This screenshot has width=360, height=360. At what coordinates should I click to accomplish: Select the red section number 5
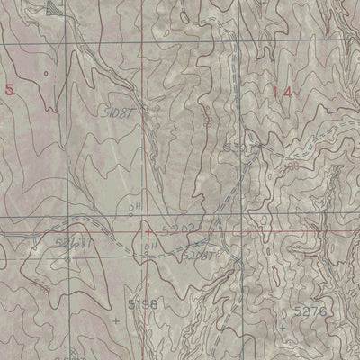pyautogui.click(x=9, y=88)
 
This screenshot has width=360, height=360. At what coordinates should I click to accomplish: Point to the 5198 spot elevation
pyautogui.click(x=140, y=305)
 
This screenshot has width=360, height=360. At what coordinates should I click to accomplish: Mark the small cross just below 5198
pyautogui.click(x=117, y=319)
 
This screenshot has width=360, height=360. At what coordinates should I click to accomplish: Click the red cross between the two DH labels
pyautogui.click(x=148, y=231)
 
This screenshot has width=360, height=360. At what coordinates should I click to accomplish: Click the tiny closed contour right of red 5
pyautogui.click(x=41, y=69)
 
